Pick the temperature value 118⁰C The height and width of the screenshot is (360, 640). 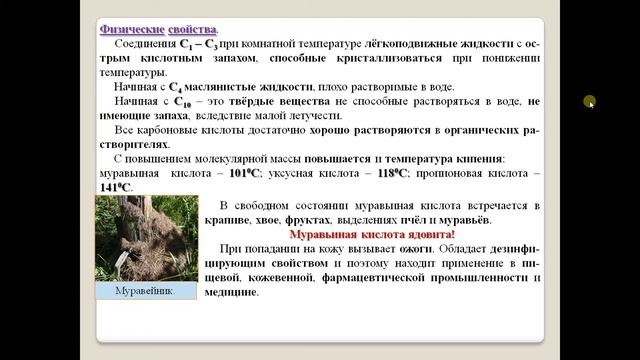[393, 173]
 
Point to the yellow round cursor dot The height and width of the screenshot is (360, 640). [590, 101]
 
